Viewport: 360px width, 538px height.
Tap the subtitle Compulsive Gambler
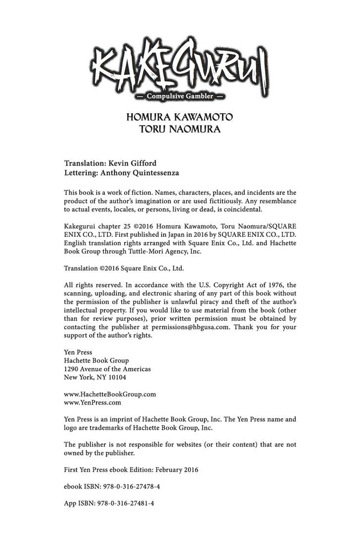click(x=180, y=96)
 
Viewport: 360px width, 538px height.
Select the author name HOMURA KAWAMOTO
click(x=180, y=119)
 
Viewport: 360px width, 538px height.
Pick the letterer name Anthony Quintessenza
click(x=146, y=174)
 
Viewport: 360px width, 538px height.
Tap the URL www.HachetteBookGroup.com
click(x=110, y=394)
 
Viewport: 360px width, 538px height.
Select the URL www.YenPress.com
click(x=92, y=403)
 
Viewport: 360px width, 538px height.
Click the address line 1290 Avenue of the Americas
click(x=107, y=369)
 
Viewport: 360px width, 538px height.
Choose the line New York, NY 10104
click(x=95, y=377)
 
